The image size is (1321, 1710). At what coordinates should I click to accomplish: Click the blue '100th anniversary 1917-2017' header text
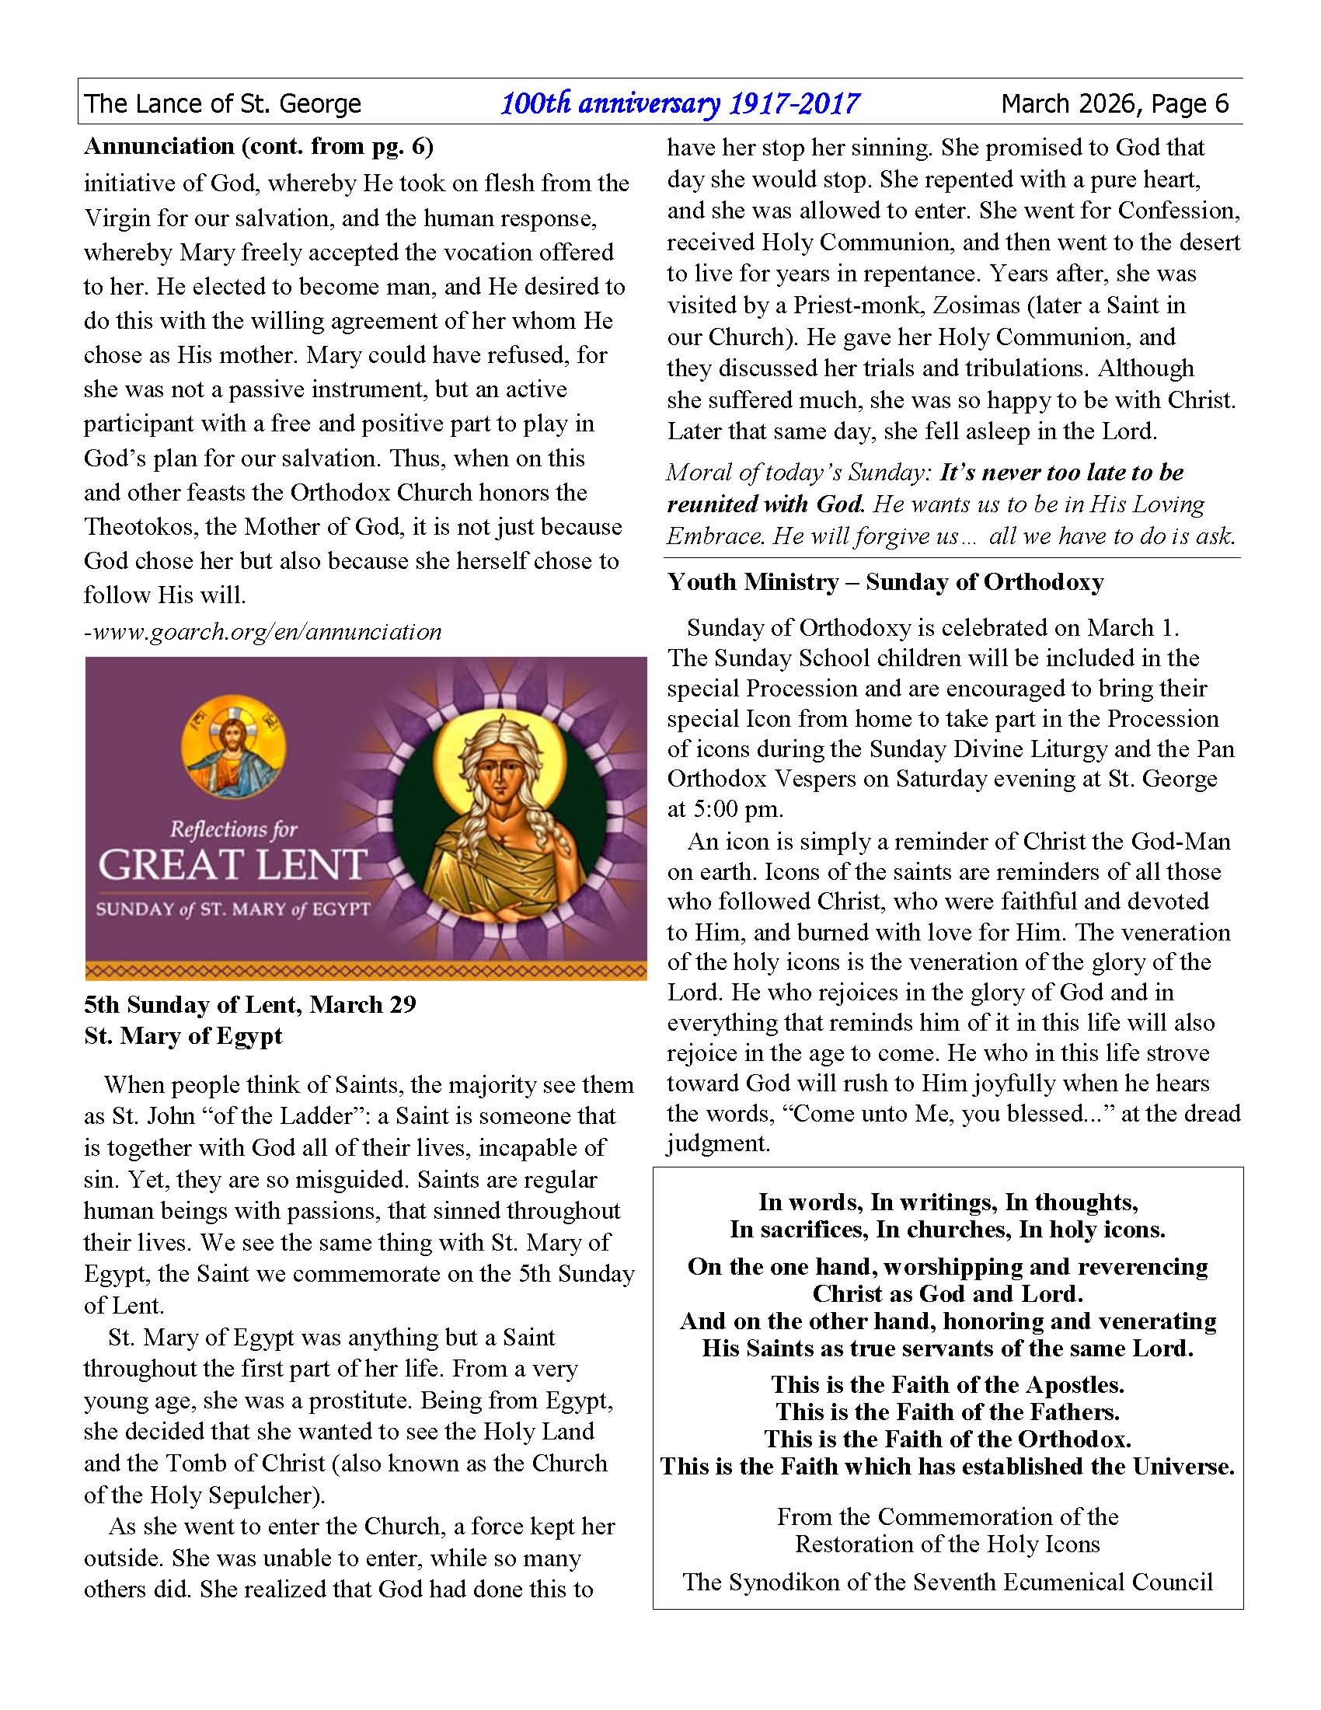[679, 103]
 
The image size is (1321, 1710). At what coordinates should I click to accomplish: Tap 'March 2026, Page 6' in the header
[1114, 103]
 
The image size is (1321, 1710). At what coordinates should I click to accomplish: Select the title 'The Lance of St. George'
[223, 103]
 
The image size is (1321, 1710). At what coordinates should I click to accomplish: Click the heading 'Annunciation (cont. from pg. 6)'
[258, 146]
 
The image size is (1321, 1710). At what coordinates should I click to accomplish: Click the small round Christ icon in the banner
[232, 748]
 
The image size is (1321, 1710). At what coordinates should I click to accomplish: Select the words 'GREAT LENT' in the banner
[232, 864]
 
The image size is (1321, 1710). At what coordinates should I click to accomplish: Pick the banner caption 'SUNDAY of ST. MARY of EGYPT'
[232, 909]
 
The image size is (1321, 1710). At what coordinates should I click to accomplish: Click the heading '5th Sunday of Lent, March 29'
[249, 1004]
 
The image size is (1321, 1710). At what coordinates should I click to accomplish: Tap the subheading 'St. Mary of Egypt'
[183, 1036]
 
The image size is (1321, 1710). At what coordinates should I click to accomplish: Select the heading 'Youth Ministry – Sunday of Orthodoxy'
[885, 581]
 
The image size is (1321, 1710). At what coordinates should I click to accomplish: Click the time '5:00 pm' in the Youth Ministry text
[738, 809]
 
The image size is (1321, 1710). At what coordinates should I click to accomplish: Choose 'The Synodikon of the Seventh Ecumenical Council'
[948, 1583]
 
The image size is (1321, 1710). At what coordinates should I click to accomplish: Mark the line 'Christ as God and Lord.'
[948, 1293]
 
